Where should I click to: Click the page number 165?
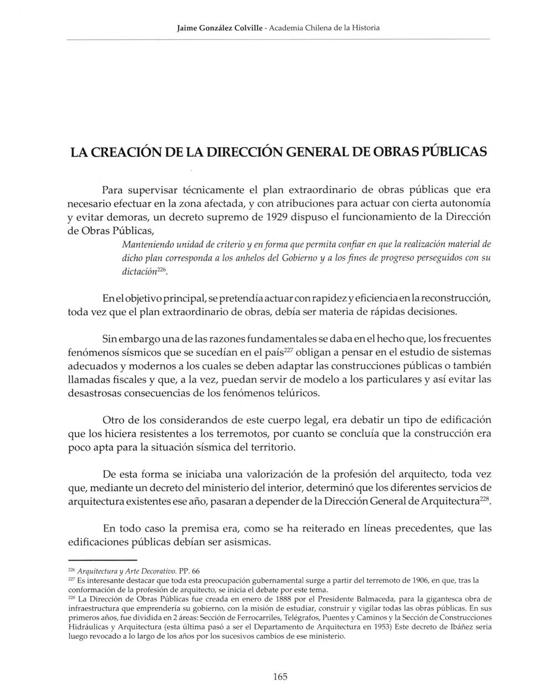click(280, 676)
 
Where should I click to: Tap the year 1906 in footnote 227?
click(425, 580)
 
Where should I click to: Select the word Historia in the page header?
click(365, 27)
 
